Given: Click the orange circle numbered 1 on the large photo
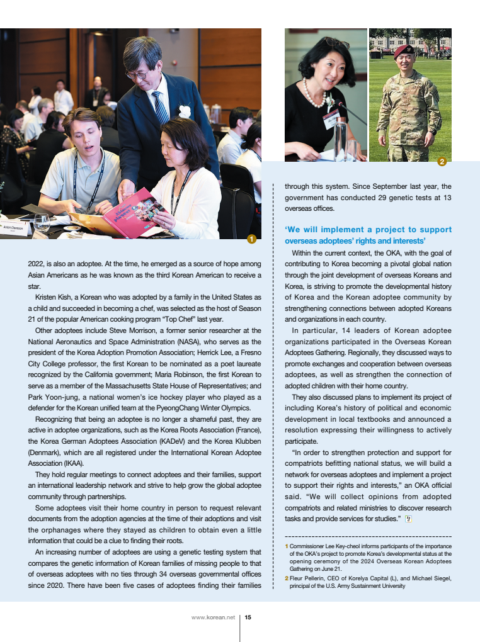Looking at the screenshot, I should [x=251, y=239].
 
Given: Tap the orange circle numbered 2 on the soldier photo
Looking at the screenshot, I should [x=442, y=162].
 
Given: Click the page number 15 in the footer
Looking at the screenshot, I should [x=248, y=617].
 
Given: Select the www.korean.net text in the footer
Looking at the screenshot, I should [x=213, y=617].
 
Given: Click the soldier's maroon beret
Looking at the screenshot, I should [x=404, y=51].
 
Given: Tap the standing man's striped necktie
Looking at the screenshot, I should [x=161, y=107].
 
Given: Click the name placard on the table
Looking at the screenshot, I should [x=14, y=227].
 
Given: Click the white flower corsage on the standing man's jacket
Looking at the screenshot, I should [x=185, y=112].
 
